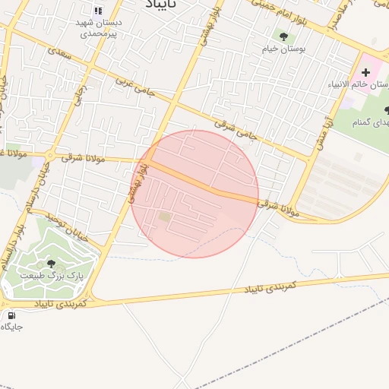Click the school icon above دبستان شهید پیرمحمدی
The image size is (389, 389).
click(97, 11)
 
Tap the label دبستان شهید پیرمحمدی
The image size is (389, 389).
click(97, 28)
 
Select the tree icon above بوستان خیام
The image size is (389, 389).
click(283, 36)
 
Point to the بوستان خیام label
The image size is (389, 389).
click(283, 49)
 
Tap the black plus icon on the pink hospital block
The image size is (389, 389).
click(365, 71)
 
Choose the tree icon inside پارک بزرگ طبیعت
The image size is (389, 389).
click(51, 264)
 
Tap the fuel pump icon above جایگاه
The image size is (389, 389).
click(11, 315)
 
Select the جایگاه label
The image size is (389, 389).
click(11, 327)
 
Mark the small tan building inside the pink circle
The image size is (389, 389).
click(165, 218)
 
